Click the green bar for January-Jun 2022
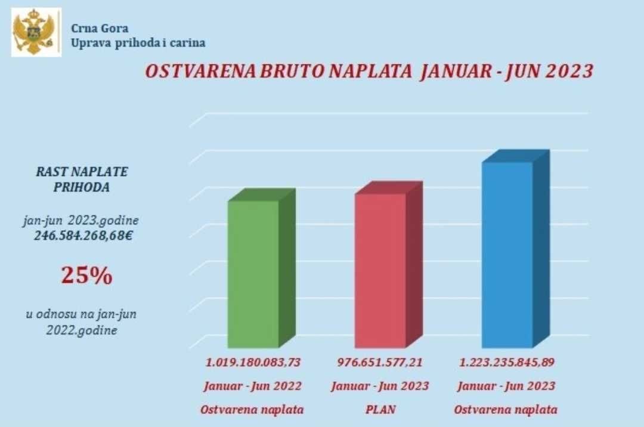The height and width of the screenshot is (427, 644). coord(253,274)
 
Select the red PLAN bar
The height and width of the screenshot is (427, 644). coord(380,271)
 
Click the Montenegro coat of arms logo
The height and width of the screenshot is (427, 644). coord(36,32)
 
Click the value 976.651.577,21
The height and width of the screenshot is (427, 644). coord(380,362)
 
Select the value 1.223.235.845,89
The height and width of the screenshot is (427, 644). coord(506,362)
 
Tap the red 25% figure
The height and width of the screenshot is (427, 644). coord(86,276)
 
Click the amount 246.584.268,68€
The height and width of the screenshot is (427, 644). coord(83,236)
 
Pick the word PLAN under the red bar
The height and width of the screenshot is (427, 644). coord(380,410)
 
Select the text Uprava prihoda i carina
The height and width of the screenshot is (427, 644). coord(138,43)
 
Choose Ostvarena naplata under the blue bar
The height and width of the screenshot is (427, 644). coord(506,410)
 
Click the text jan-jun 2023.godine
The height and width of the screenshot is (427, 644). coord(81,221)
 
